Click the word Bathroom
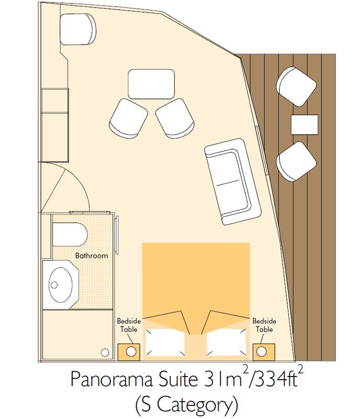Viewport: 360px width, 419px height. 92,256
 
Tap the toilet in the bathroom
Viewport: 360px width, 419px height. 70,234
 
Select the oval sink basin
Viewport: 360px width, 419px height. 60,285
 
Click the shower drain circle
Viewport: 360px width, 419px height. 105,352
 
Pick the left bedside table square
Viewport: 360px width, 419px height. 129,351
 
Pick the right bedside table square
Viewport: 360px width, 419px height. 264,351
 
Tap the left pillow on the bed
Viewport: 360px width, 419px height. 165,343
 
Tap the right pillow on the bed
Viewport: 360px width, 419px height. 227,343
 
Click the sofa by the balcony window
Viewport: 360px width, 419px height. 233,182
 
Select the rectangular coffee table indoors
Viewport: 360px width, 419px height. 151,84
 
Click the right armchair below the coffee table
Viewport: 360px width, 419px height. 175,118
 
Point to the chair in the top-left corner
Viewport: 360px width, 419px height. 78,29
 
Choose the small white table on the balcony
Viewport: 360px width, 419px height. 305,125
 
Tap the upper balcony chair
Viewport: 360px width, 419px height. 296,86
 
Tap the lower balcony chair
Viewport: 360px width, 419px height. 296,161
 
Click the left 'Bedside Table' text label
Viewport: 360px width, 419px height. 129,325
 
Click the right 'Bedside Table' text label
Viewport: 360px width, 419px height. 264,325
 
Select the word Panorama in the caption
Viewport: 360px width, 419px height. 111,379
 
